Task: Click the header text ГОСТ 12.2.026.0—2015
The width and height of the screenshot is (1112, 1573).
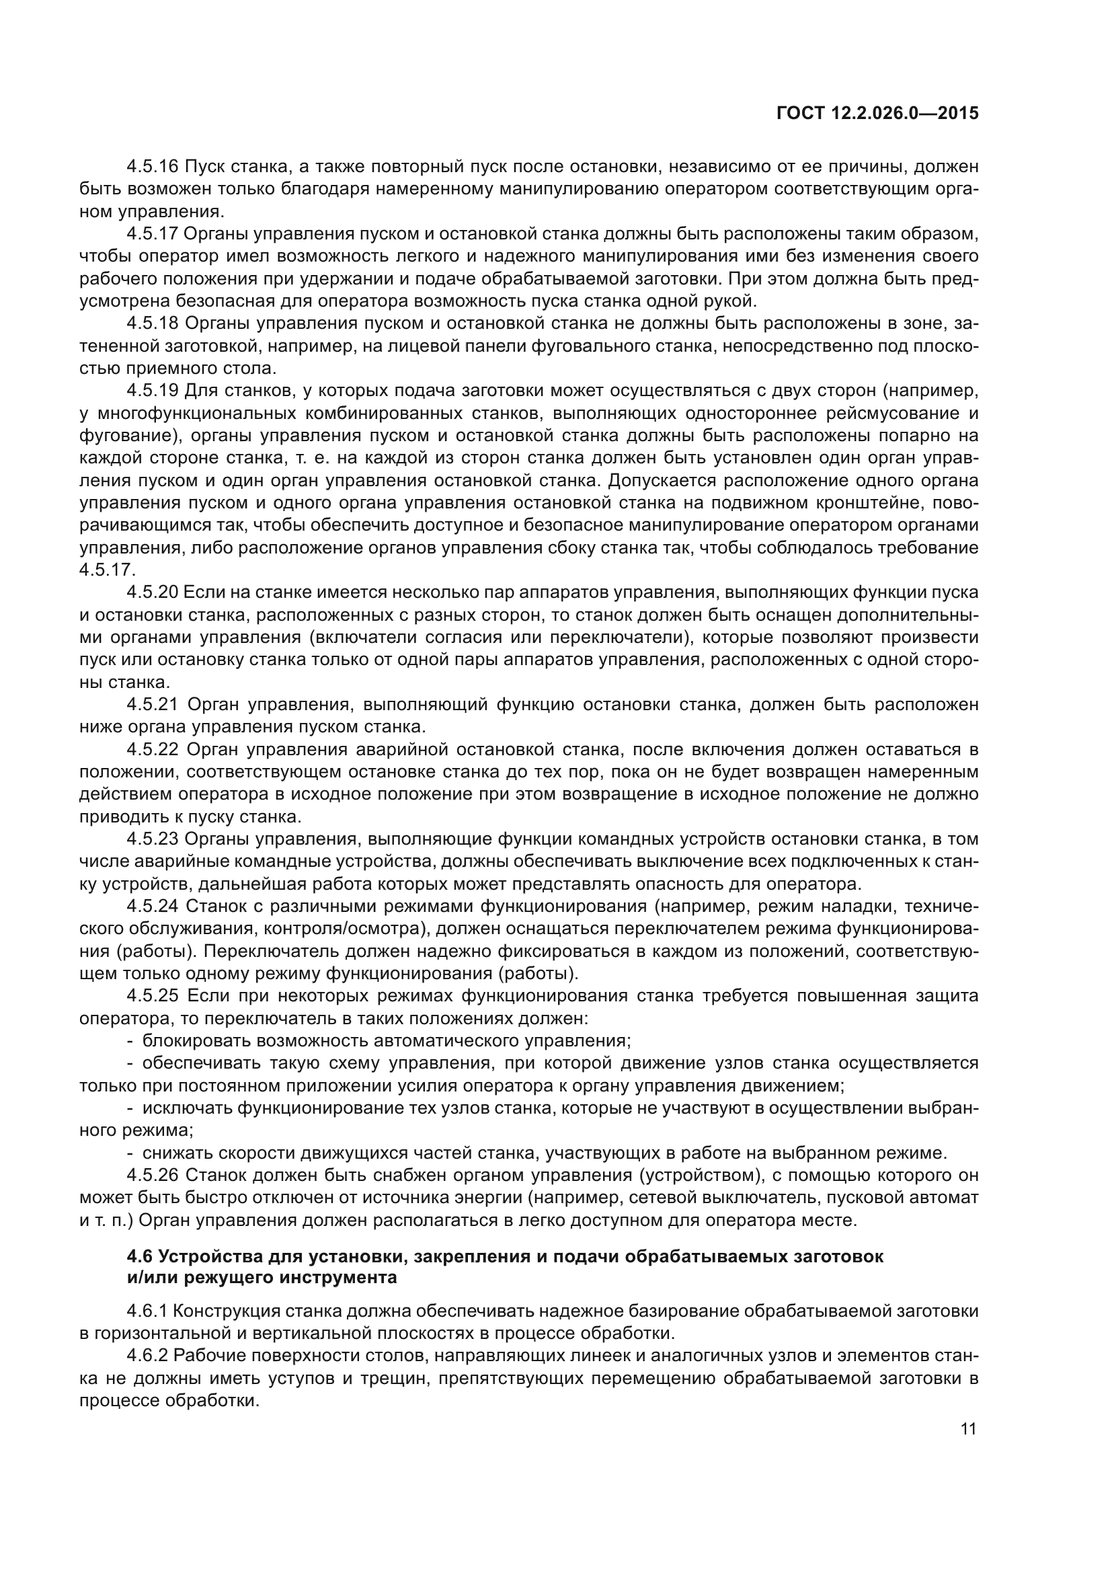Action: pos(877,114)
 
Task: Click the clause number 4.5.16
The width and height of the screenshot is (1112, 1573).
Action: pos(152,167)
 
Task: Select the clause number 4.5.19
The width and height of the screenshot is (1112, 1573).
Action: pos(152,391)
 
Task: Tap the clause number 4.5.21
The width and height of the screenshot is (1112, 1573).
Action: pos(152,704)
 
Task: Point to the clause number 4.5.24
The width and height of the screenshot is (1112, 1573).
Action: pos(152,907)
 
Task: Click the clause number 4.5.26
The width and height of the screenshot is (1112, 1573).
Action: pos(152,1175)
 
